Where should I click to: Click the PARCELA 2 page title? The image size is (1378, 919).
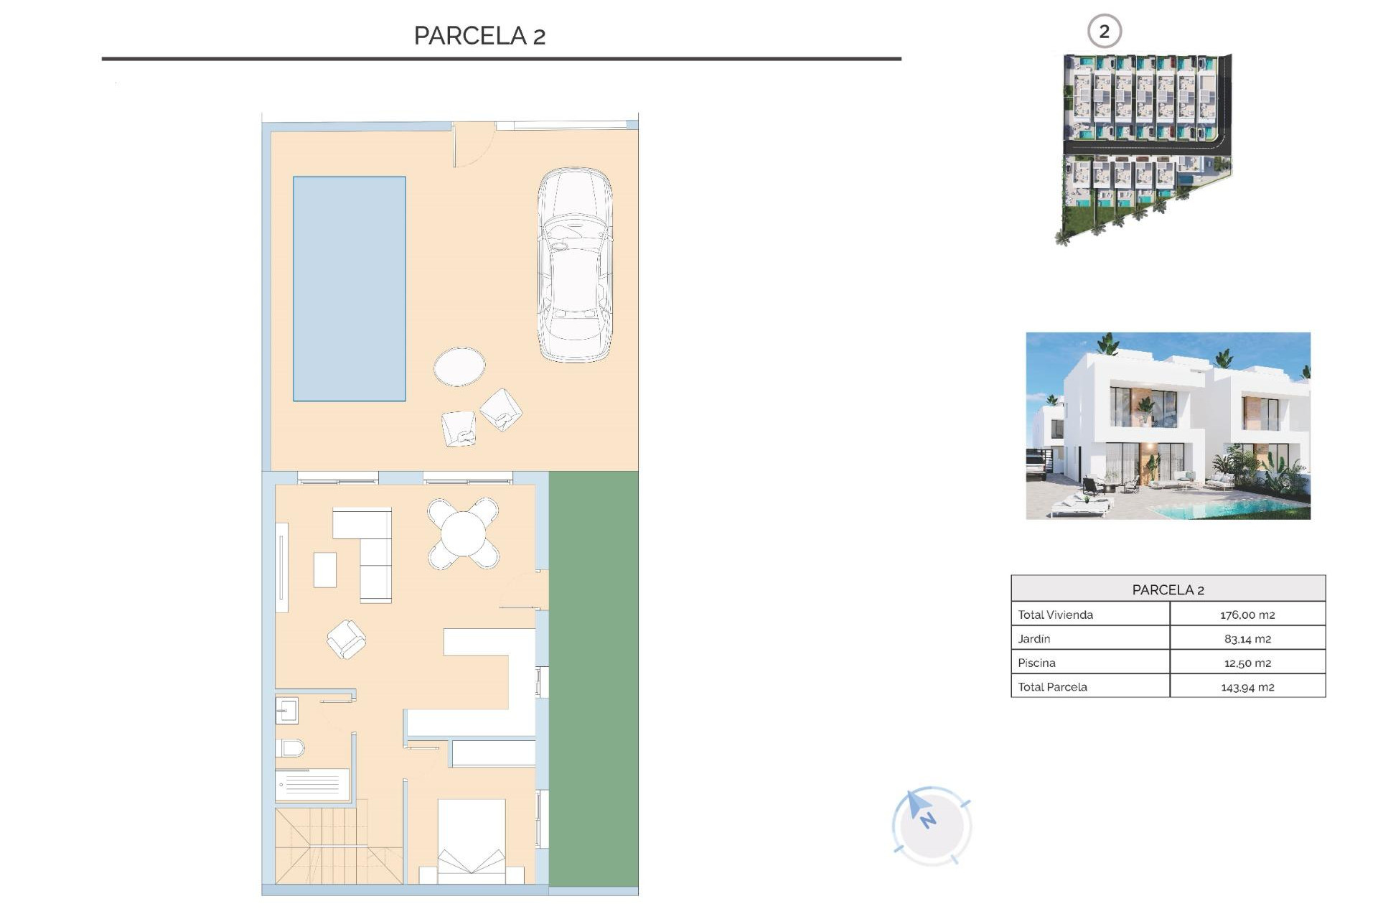[x=479, y=35]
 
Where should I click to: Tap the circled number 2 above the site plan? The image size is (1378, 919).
[x=1104, y=32]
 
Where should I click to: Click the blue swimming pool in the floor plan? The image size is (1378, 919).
[x=349, y=288]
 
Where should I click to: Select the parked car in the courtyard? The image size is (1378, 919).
[x=575, y=264]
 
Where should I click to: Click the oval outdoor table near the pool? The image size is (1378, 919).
[x=459, y=366]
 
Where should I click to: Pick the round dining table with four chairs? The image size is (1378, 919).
[x=464, y=533]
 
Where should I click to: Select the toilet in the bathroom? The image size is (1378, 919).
[x=290, y=748]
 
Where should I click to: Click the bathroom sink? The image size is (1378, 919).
[x=286, y=711]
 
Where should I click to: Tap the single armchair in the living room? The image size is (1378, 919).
[x=347, y=638]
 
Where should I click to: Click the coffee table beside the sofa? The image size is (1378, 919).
[x=324, y=569]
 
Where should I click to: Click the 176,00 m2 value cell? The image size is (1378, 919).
[x=1247, y=615]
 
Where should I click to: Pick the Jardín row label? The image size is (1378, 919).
[x=1034, y=638]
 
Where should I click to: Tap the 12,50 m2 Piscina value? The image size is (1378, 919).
[x=1247, y=663]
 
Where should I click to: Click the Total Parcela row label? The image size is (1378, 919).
[x=1052, y=686]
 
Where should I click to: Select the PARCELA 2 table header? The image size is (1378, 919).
[x=1168, y=589]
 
